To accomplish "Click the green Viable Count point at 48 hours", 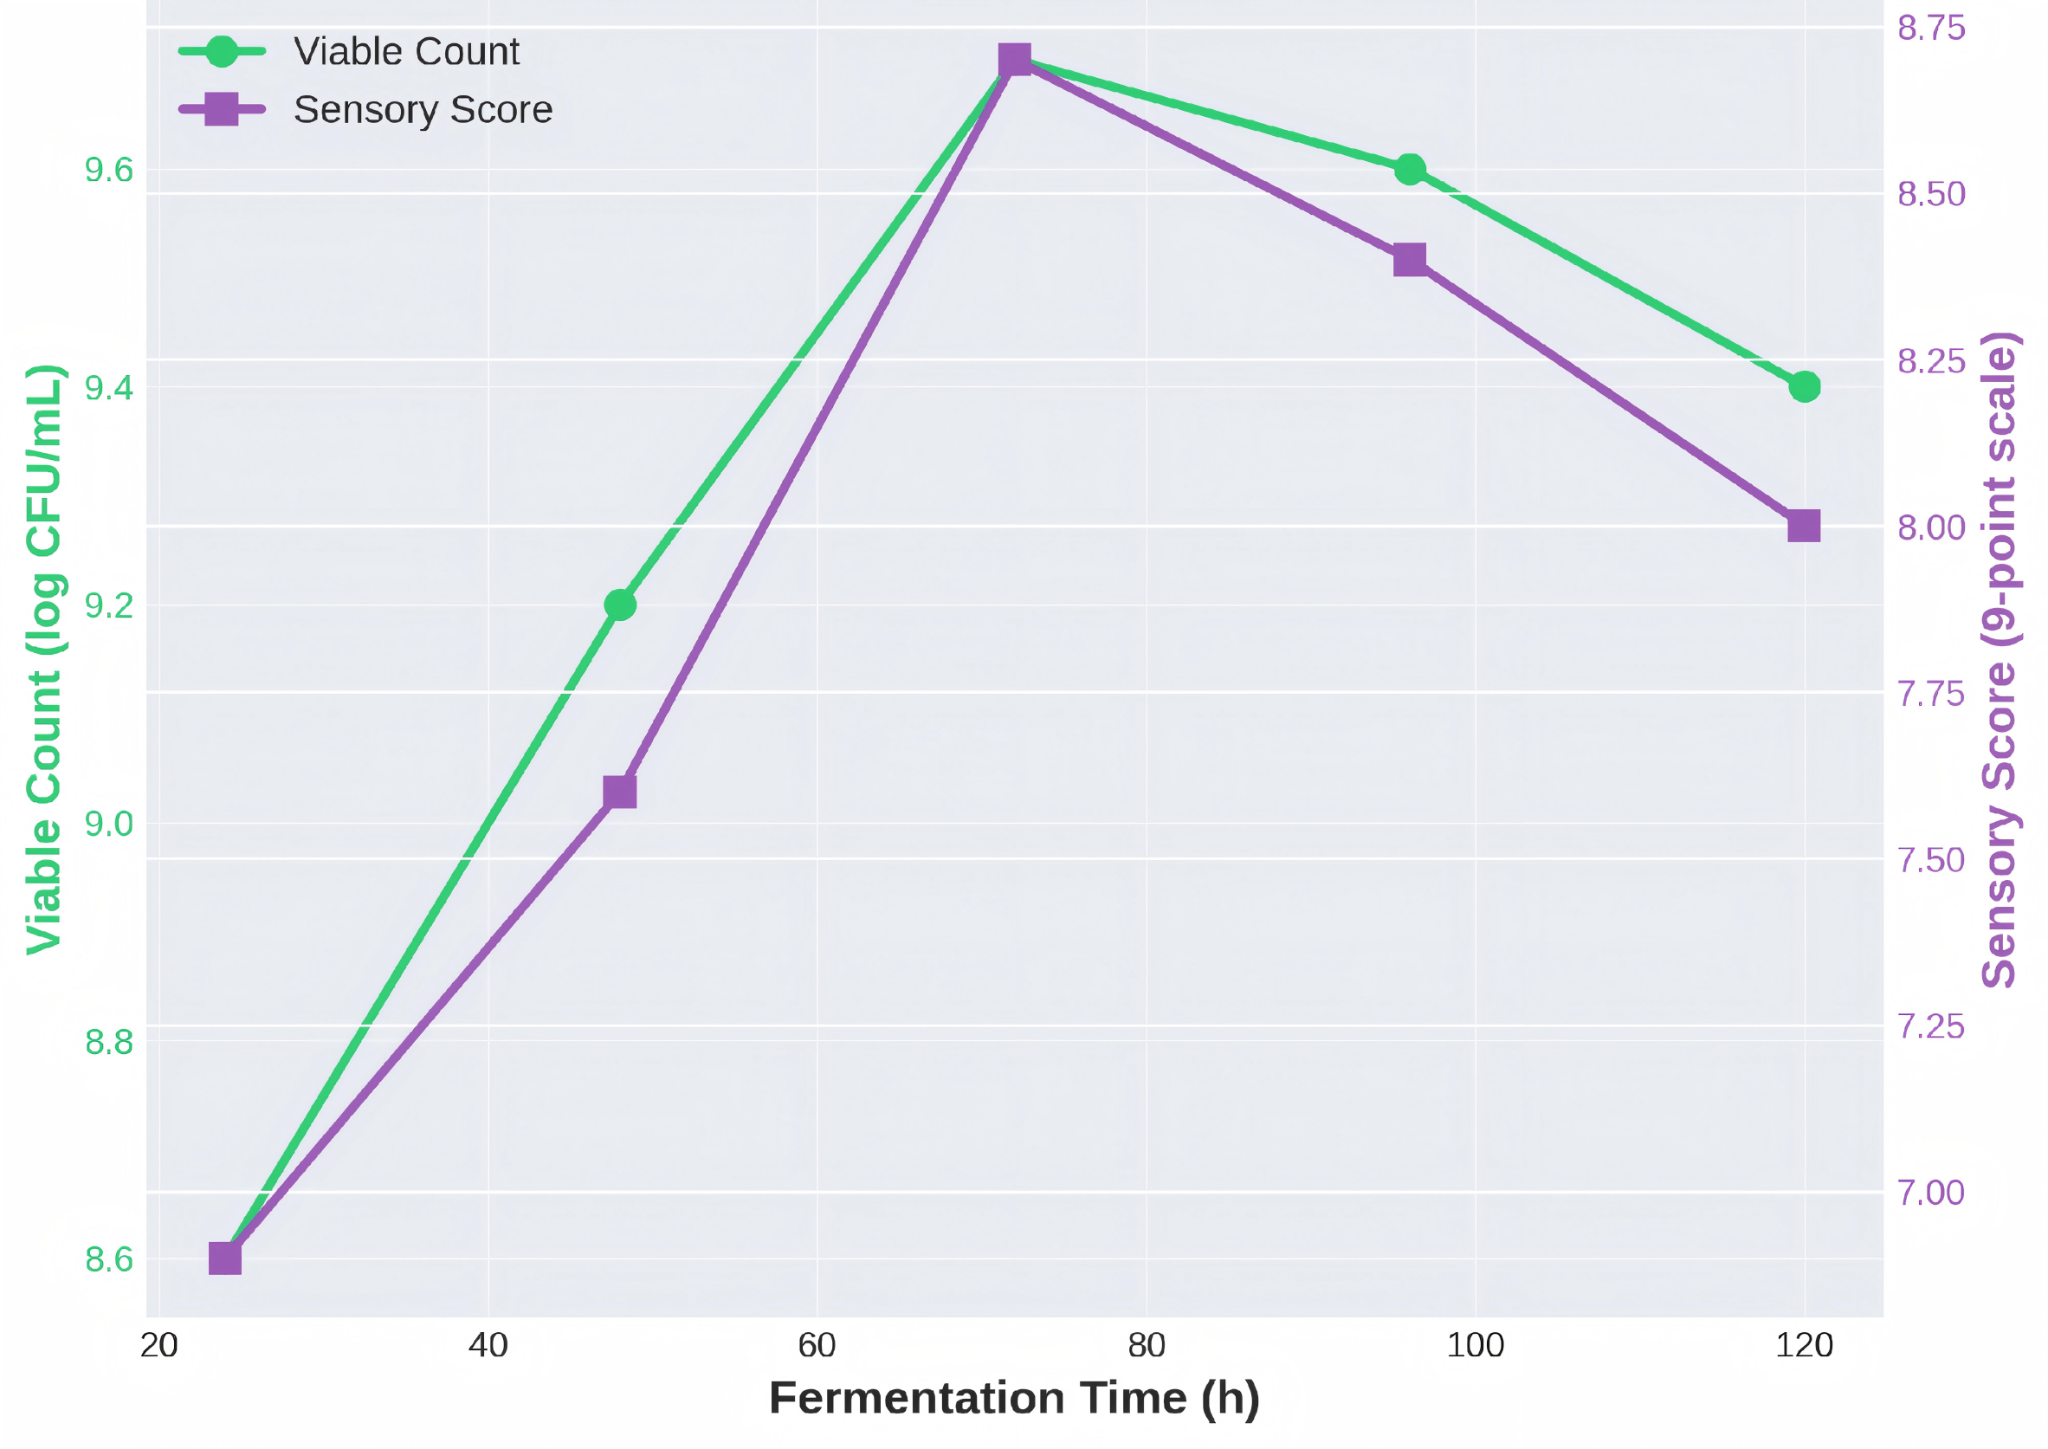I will (620, 605).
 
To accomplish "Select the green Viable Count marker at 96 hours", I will (1409, 169).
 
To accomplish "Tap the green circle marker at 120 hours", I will (1805, 386).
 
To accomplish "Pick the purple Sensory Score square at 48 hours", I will (620, 792).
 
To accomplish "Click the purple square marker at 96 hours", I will (1409, 261).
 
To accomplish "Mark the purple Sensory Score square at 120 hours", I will (1805, 527).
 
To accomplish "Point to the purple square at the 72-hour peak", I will (1015, 60).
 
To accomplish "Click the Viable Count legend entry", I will (406, 52).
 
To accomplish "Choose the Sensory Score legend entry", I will (422, 110).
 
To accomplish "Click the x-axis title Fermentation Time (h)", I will (1014, 1397).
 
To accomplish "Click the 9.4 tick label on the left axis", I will (109, 387).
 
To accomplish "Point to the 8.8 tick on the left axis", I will (109, 1041).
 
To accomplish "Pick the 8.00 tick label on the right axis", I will (1931, 527).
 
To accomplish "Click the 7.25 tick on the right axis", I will (1931, 1026).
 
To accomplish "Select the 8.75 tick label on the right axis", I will (1931, 29).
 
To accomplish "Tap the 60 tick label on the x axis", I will (817, 1344).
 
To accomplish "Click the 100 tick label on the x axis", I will (1476, 1344).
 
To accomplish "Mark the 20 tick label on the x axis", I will (158, 1344).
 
